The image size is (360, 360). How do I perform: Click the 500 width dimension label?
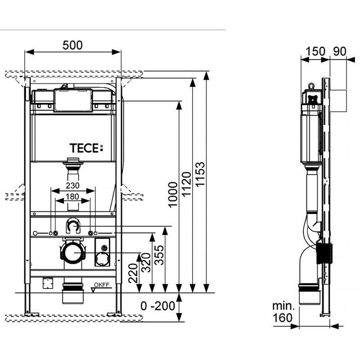point(72,45)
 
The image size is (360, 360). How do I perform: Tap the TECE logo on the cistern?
point(86,148)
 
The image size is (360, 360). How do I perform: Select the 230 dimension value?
point(72,185)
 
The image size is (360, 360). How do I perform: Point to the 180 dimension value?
point(72,197)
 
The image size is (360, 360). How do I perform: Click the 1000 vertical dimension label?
point(173,195)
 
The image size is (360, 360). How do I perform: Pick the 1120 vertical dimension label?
point(186,184)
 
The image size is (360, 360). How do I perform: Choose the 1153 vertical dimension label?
point(200,174)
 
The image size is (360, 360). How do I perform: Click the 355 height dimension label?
point(159,255)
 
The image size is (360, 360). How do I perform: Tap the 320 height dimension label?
point(146,262)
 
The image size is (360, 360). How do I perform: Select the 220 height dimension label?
point(133,273)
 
